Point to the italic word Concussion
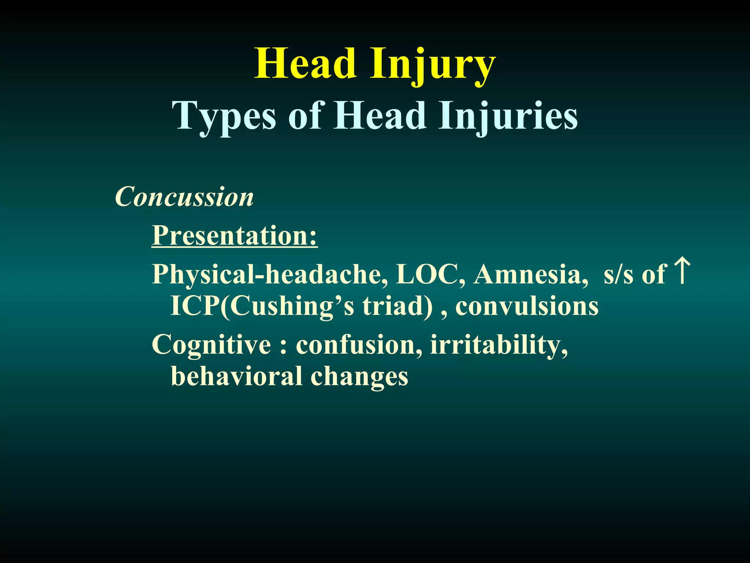coord(184,197)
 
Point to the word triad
coord(397,306)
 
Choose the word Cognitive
coord(212,345)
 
